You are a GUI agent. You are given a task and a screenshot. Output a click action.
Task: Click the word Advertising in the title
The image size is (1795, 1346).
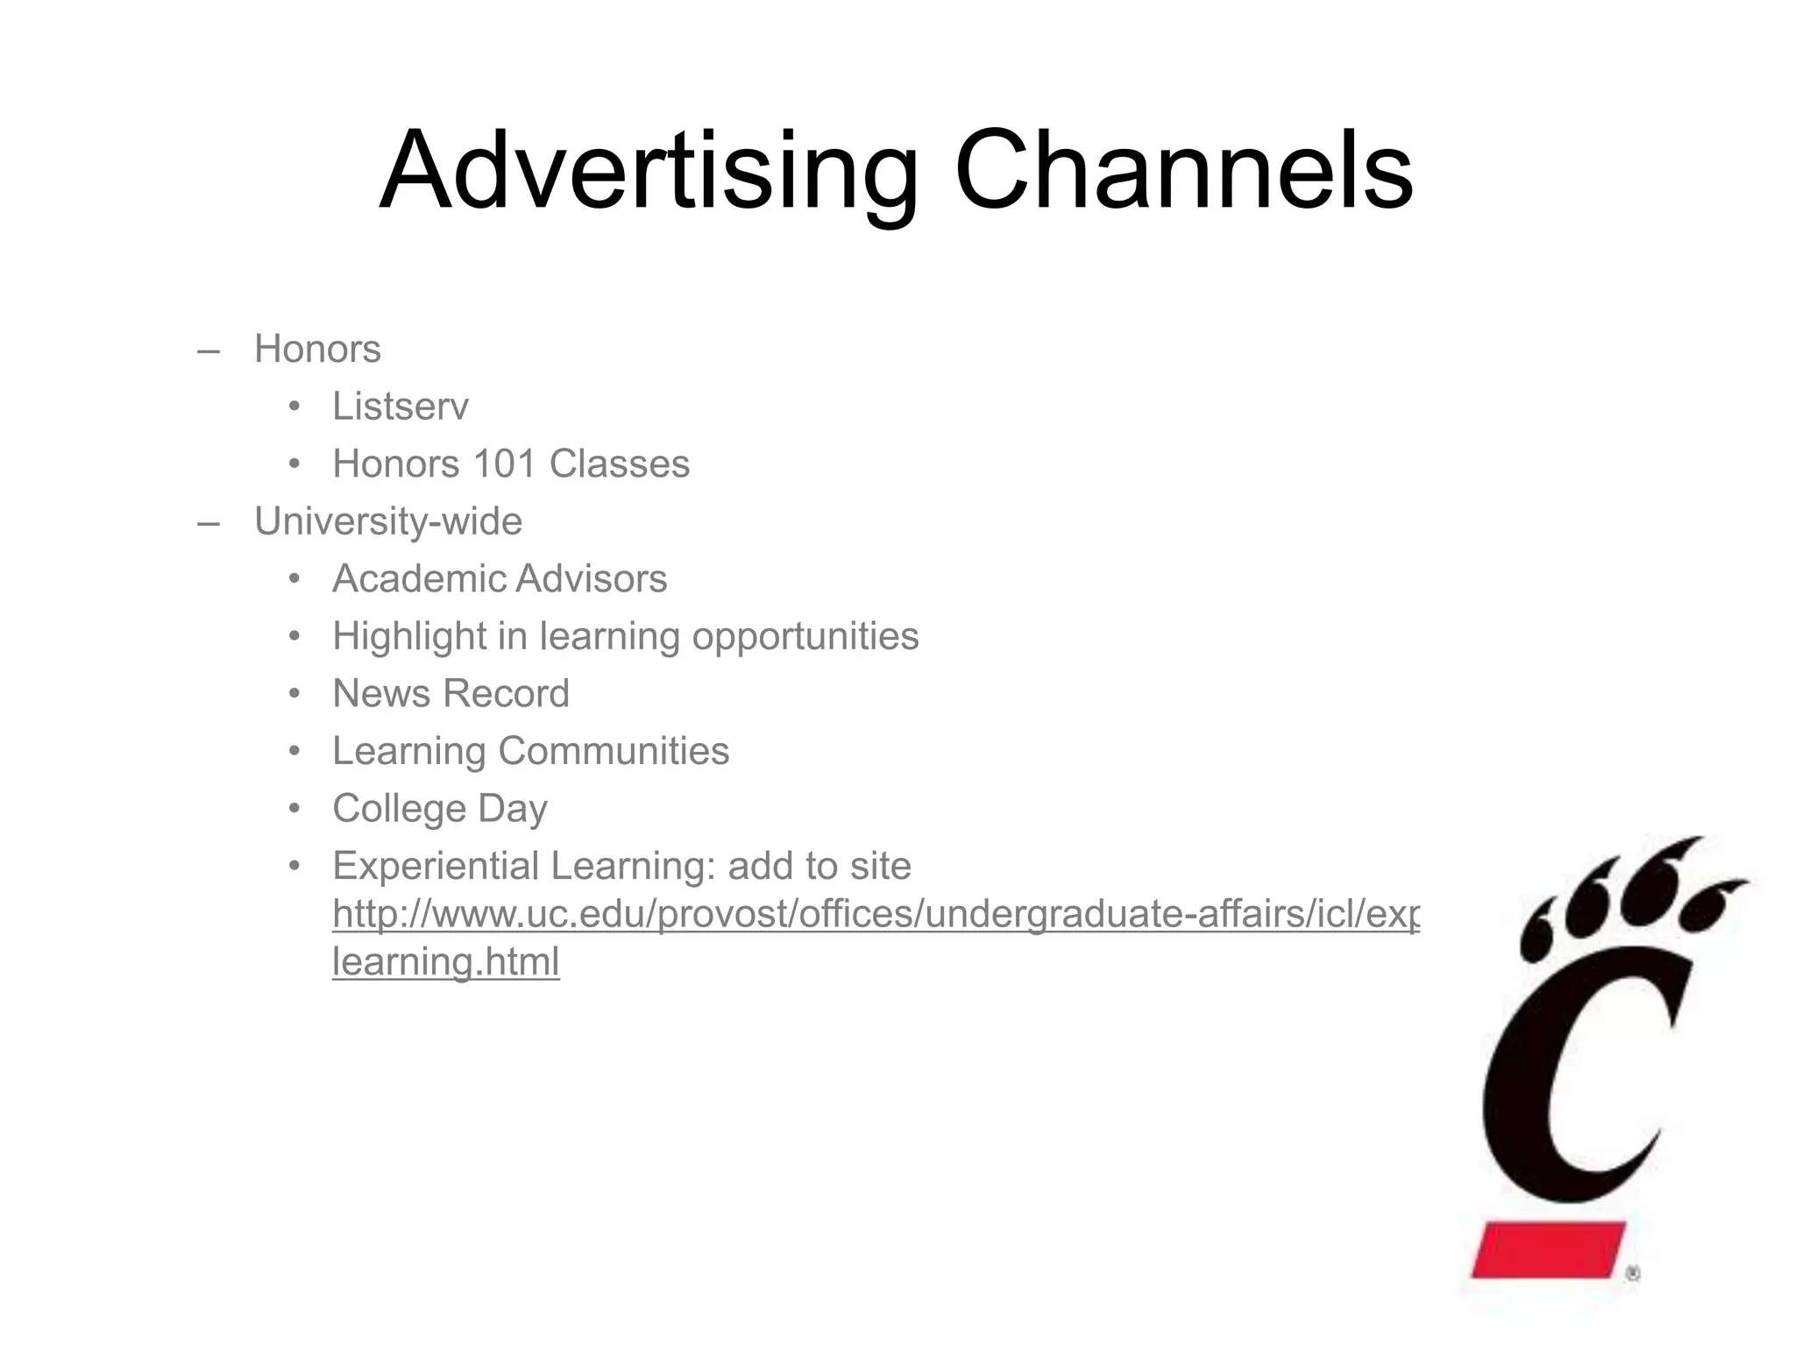click(649, 171)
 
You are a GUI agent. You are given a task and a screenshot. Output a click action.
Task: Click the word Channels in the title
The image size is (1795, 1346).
click(1183, 171)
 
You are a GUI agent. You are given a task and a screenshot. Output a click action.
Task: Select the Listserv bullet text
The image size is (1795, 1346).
click(401, 407)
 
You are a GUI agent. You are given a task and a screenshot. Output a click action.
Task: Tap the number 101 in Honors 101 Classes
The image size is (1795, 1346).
click(504, 464)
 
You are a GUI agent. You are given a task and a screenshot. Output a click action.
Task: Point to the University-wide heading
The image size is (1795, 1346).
click(388, 521)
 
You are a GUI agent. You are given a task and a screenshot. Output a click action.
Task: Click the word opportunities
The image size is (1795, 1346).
click(805, 637)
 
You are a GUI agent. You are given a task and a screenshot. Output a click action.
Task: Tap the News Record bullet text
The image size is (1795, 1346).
click(451, 694)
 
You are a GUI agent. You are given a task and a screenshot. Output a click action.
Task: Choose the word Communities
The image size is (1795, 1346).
click(614, 751)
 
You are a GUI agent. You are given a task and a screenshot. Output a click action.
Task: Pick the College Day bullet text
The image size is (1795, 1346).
click(440, 809)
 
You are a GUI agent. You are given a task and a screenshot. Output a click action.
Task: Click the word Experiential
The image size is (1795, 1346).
click(436, 867)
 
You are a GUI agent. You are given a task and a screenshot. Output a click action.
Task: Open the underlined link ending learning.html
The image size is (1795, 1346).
click(445, 962)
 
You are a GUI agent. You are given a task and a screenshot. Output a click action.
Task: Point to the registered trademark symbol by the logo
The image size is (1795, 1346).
click(1632, 1274)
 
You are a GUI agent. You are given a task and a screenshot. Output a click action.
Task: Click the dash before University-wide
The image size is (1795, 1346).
click(208, 523)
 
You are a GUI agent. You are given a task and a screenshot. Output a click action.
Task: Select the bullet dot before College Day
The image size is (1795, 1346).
click(294, 807)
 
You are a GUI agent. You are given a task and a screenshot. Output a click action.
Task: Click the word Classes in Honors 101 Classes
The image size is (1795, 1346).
click(619, 464)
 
